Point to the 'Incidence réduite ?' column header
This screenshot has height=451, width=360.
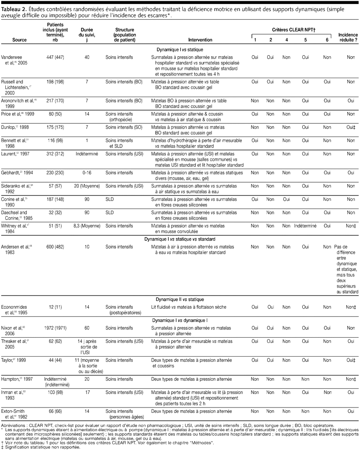[x=347, y=37]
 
